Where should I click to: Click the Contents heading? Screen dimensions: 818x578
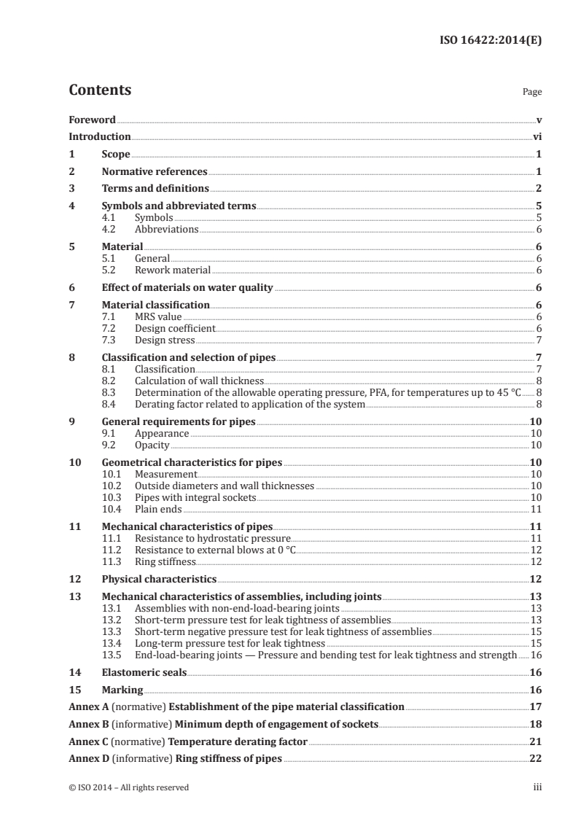click(x=100, y=90)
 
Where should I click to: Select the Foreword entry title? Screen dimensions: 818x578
click(x=92, y=120)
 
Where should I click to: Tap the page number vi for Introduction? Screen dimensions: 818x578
click(x=536, y=136)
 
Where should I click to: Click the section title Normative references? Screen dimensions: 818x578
click(x=155, y=172)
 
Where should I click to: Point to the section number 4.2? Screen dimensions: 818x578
click(x=110, y=229)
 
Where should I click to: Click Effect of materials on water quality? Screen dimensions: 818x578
click(x=187, y=287)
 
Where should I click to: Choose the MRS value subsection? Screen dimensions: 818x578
click(x=158, y=316)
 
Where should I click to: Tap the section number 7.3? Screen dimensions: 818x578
click(x=110, y=340)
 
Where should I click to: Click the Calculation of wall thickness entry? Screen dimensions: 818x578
click(x=199, y=381)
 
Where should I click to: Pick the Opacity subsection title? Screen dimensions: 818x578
click(x=152, y=445)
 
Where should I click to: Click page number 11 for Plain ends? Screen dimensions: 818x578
click(x=536, y=509)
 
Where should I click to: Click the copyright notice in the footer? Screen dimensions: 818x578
click(x=128, y=787)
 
